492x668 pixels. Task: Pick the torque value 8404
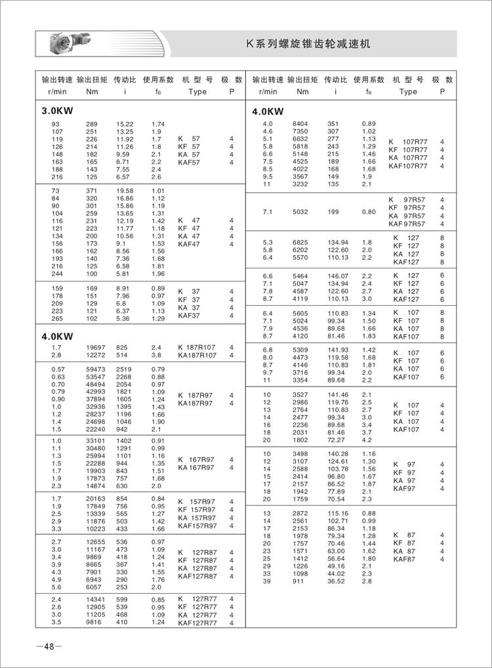(300, 123)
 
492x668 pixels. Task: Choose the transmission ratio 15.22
(125, 124)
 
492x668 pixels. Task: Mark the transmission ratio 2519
(125, 369)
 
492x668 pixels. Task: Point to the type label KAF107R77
(411, 166)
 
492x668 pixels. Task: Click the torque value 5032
(300, 212)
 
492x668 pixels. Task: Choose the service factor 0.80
(369, 212)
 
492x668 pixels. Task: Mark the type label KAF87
(404, 559)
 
